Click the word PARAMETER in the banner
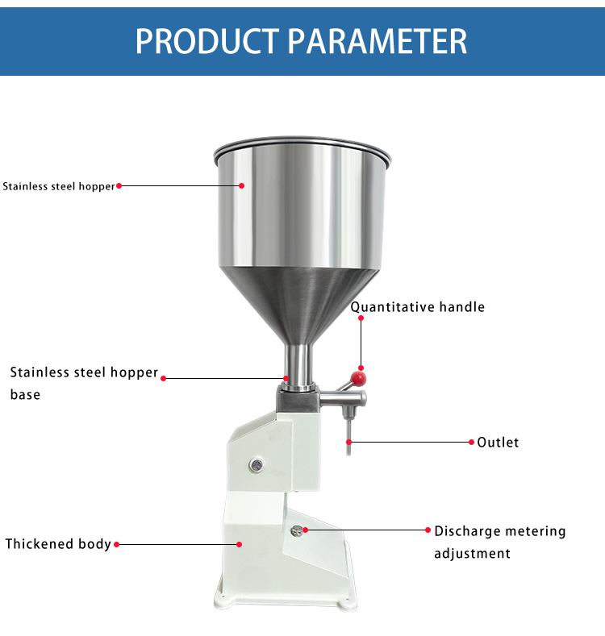pos(378,41)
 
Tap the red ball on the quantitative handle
pos(358,379)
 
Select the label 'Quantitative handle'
pos(417,307)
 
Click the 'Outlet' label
pos(498,442)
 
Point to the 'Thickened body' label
pos(58,544)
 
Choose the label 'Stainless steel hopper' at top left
pos(59,186)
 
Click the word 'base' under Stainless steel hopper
pos(25,394)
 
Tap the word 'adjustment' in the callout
pos(472,554)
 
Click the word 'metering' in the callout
pos(536,531)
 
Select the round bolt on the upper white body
pos(257,465)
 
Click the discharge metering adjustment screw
pos(297,530)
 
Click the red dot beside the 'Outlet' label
pos(471,442)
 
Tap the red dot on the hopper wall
pos(241,185)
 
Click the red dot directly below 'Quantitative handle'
pos(361,318)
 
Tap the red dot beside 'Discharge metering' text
pos(428,530)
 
